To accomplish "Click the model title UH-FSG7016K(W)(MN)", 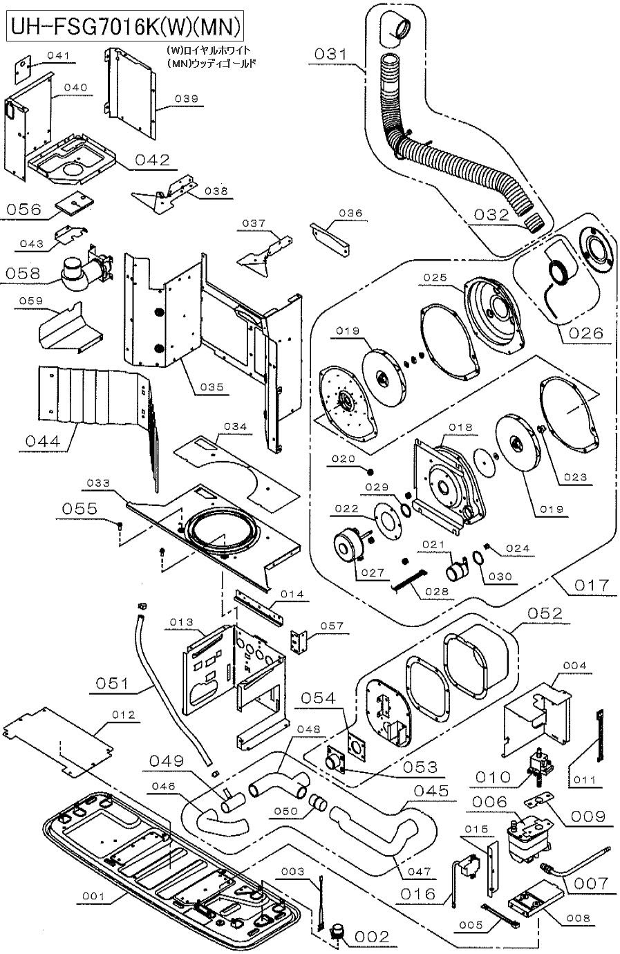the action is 126,28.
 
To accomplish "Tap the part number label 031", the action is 330,54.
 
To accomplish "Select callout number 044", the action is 43,440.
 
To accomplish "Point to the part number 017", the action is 592,585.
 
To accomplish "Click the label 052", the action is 545,613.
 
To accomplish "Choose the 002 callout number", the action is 372,937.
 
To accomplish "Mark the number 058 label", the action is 23,272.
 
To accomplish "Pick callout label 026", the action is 586,333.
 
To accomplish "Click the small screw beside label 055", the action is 120,525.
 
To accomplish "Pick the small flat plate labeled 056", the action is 74,203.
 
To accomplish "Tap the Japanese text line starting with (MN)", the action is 212,64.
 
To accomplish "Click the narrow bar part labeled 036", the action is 330,240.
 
